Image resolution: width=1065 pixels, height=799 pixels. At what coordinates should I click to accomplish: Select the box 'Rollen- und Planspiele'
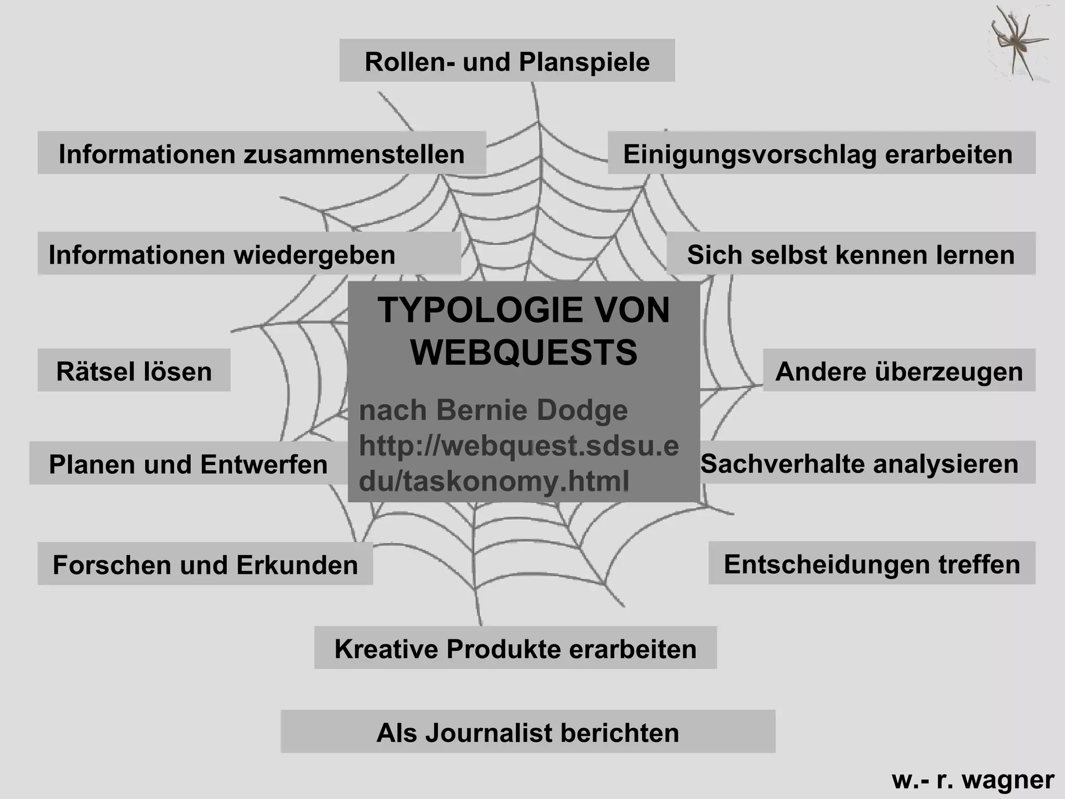coord(507,61)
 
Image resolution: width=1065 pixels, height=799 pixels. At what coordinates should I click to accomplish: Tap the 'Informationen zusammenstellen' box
coord(262,153)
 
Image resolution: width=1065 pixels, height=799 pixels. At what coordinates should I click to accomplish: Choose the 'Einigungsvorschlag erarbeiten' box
coord(821,153)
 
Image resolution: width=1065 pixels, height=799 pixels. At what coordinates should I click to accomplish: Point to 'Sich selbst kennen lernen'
coord(851,254)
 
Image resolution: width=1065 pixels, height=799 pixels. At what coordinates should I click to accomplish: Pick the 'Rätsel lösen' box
coord(134,370)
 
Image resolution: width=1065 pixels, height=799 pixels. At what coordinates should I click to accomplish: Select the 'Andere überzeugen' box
coord(899,370)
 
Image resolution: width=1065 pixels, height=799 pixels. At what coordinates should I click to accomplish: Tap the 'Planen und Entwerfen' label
coord(188,463)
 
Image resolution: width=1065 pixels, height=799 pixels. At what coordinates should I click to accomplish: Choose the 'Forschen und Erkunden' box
coord(205,564)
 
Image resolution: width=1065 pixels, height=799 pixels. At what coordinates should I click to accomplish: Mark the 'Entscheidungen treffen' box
coord(872,563)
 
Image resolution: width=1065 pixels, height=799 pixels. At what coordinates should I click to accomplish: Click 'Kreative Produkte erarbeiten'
coord(515,648)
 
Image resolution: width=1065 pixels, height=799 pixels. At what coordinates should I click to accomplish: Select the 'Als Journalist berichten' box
coord(528,732)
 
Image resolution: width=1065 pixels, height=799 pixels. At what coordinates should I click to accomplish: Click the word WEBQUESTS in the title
coord(524,353)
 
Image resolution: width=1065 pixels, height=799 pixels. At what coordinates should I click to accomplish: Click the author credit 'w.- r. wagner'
coord(973,779)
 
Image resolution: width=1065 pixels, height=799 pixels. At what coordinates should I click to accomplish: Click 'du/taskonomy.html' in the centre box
coord(493,481)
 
